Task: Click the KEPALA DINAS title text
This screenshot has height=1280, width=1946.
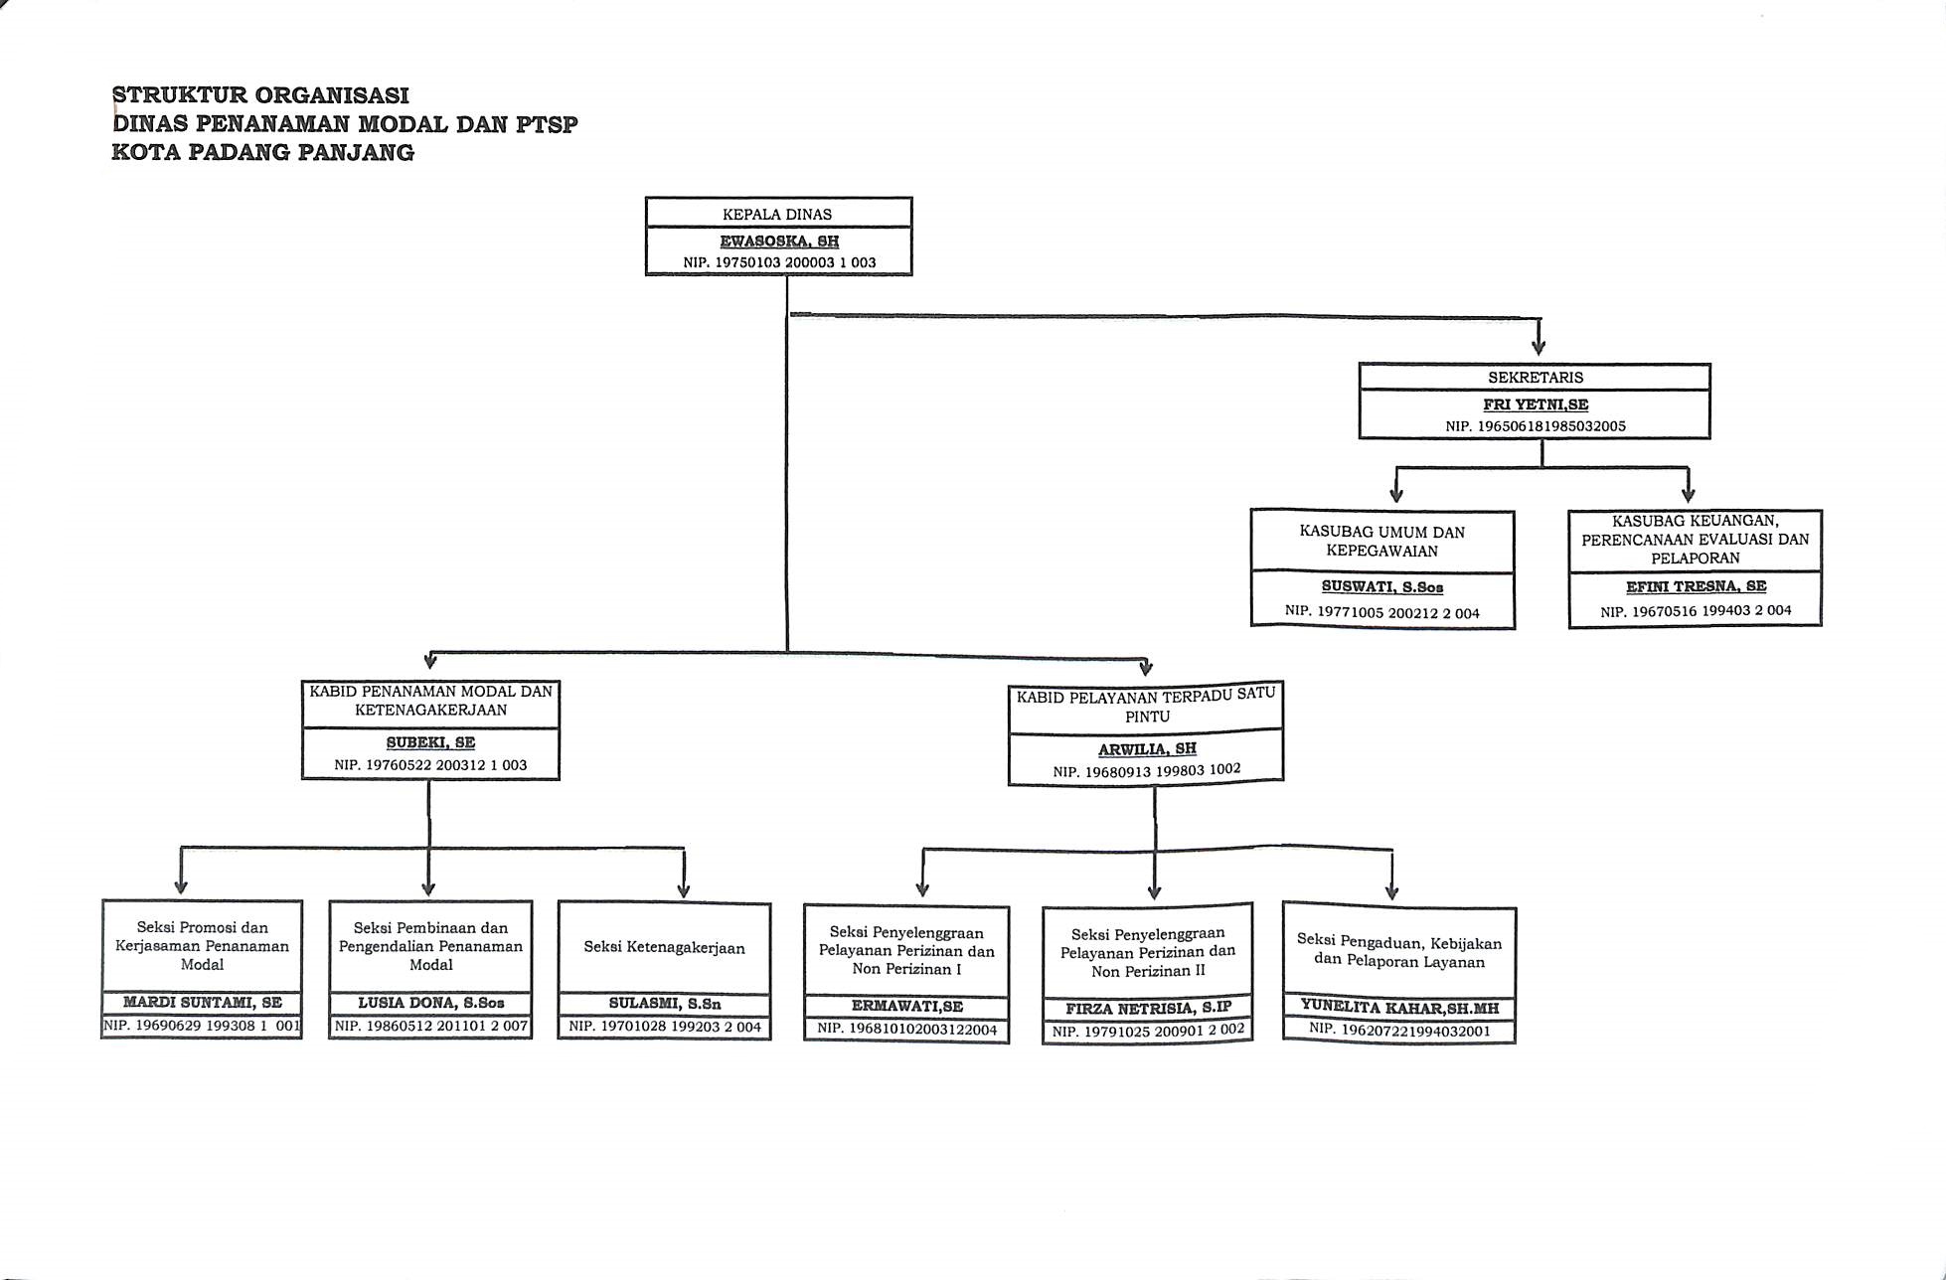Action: click(x=777, y=214)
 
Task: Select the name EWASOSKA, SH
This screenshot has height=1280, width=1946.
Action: click(x=779, y=241)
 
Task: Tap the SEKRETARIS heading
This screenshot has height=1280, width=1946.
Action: click(x=1536, y=378)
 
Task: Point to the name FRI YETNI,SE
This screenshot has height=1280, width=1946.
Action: click(x=1536, y=404)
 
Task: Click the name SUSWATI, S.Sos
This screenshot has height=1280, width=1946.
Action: click(x=1382, y=587)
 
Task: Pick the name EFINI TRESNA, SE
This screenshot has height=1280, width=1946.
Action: click(x=1697, y=586)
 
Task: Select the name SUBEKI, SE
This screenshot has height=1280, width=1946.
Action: click(x=430, y=742)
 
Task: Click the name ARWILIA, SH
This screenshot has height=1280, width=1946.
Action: click(x=1147, y=748)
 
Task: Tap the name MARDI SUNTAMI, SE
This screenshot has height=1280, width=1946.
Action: click(x=203, y=1003)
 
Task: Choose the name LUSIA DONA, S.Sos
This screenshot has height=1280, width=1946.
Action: click(x=431, y=1003)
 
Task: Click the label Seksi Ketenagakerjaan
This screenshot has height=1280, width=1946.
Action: click(x=664, y=947)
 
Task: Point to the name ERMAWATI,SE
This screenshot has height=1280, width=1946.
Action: click(x=907, y=1006)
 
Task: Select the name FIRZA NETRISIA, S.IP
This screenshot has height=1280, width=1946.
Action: click(x=1148, y=1008)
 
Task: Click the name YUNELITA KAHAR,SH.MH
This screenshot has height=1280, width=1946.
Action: click(x=1399, y=1008)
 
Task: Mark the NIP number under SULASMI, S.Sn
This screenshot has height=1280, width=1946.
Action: click(x=665, y=1027)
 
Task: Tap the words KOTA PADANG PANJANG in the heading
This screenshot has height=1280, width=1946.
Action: click(x=263, y=152)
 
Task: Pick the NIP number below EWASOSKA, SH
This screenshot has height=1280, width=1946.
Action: click(x=780, y=263)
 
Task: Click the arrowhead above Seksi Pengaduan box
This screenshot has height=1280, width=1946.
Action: click(x=1391, y=891)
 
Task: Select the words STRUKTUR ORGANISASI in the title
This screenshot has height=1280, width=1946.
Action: click(x=260, y=95)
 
